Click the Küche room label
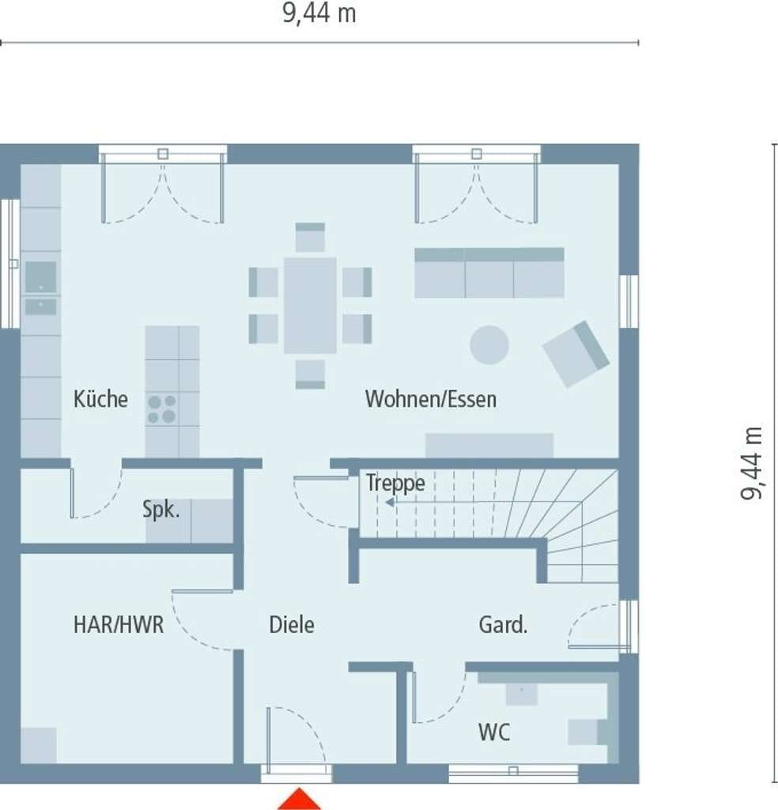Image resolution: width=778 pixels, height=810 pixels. coord(100,399)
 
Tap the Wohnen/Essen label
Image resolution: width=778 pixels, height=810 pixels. coord(431,399)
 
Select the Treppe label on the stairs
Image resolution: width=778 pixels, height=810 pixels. coord(396,483)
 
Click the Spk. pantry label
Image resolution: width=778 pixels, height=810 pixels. coord(161,510)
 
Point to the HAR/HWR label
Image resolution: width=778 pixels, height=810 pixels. coord(119,625)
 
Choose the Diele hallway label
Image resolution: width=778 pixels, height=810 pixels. coord(292,625)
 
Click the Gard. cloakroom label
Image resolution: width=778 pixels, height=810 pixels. coord(503,625)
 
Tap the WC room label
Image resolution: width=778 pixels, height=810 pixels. coord(494,732)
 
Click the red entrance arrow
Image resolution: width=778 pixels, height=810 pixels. coord(300,799)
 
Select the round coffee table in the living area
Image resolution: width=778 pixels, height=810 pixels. coord(489,345)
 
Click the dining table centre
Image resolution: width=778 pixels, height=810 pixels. coord(310,305)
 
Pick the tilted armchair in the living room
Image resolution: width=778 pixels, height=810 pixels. coord(576,354)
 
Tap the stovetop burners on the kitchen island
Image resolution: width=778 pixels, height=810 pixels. coord(161,409)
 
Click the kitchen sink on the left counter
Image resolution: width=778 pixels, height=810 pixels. coord(41,277)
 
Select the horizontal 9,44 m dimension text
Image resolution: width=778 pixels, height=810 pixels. coord(319,13)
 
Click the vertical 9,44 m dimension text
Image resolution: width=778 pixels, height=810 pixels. coord(750,464)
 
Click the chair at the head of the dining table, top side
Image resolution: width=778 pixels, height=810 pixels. coord(310,237)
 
